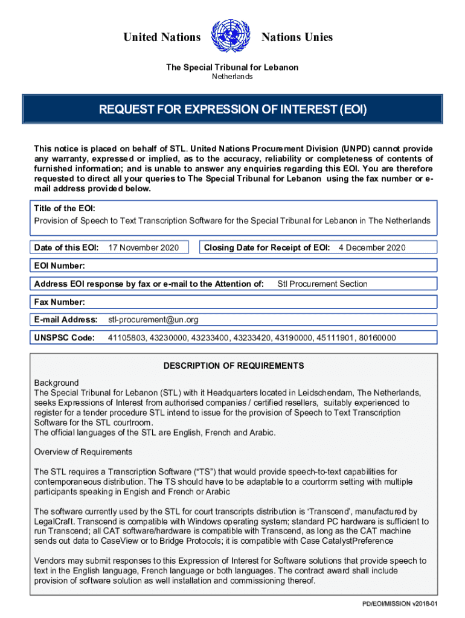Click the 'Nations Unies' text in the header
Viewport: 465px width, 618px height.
pyautogui.click(x=297, y=37)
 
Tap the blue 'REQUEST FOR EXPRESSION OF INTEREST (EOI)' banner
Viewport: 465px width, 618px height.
pyautogui.click(x=232, y=110)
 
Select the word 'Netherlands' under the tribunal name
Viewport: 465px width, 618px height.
pyautogui.click(x=232, y=77)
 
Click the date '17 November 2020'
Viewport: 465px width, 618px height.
pyautogui.click(x=143, y=247)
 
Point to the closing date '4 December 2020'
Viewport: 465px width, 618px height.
pyautogui.click(x=372, y=247)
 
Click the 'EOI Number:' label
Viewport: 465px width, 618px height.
pyautogui.click(x=59, y=266)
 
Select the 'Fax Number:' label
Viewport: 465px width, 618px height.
pyautogui.click(x=59, y=302)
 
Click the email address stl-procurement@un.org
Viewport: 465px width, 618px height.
pyautogui.click(x=153, y=319)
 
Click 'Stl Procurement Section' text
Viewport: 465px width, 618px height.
pyautogui.click(x=322, y=284)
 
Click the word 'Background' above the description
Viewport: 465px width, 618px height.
pyautogui.click(x=56, y=383)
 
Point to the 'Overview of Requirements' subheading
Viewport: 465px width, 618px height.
pyautogui.click(x=83, y=452)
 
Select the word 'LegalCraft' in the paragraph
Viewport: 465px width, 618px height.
pyautogui.click(x=55, y=521)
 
